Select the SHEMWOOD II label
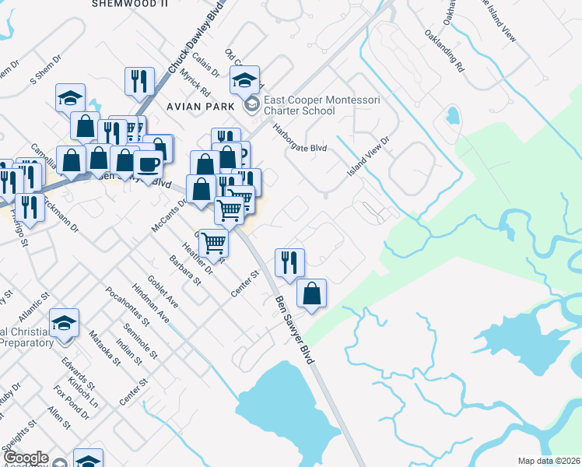(130, 4)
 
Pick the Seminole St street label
(143, 342)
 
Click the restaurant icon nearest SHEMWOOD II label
(138, 80)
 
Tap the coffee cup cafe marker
(148, 163)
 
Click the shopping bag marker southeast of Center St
(311, 293)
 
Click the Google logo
(25, 458)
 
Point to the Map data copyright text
(549, 461)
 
